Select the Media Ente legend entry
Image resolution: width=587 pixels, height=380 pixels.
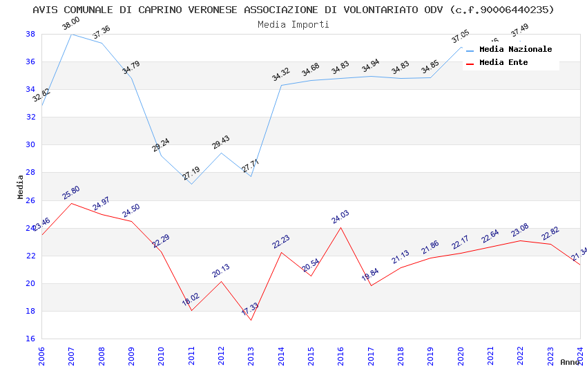click(x=503, y=63)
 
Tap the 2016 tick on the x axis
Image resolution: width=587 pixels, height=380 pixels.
click(x=341, y=355)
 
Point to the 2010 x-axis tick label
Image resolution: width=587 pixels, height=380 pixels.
click(x=162, y=355)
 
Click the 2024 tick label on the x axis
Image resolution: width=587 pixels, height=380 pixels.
click(x=580, y=355)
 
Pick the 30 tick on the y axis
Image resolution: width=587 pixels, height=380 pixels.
click(x=31, y=145)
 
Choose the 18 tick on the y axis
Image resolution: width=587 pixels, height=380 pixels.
click(x=31, y=311)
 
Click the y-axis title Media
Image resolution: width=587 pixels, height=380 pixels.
click(x=21, y=187)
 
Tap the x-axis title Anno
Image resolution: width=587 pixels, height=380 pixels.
click(x=570, y=362)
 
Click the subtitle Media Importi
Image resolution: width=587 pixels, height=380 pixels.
click(x=293, y=24)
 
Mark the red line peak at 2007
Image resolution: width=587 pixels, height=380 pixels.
click(x=72, y=203)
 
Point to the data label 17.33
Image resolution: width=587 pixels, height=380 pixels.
click(x=250, y=309)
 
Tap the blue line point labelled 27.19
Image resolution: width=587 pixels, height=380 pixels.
click(x=191, y=184)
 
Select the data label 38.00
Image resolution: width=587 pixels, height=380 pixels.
click(x=70, y=24)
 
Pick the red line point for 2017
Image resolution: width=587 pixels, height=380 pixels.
click(x=371, y=285)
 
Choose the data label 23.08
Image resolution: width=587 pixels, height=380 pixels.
click(x=519, y=230)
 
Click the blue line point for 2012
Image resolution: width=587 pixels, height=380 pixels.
click(x=221, y=153)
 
